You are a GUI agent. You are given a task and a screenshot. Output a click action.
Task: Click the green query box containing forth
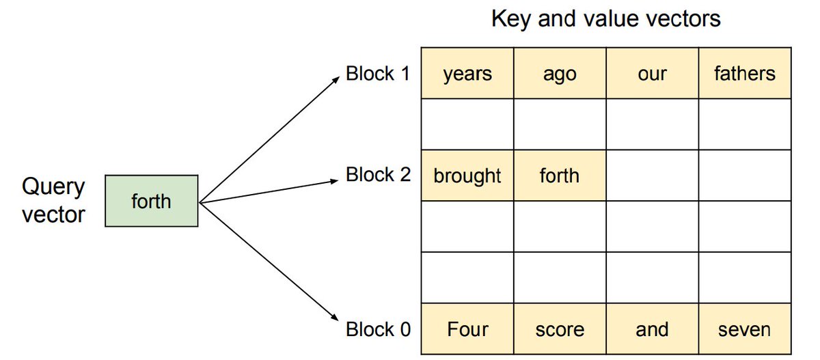(x=152, y=202)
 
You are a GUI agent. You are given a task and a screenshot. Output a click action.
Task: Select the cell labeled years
(x=467, y=73)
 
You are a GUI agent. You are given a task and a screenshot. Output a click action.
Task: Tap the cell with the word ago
(x=560, y=73)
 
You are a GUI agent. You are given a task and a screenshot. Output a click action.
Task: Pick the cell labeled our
(x=652, y=73)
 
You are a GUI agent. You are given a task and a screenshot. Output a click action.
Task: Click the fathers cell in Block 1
(x=744, y=73)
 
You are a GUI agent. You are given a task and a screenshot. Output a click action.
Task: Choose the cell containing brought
(x=467, y=176)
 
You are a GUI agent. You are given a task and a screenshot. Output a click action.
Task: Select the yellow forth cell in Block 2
(x=560, y=176)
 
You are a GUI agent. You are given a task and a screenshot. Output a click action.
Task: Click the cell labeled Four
(x=467, y=329)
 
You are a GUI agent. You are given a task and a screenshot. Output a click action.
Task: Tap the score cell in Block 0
(x=560, y=329)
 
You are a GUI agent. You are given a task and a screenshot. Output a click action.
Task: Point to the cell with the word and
(x=652, y=329)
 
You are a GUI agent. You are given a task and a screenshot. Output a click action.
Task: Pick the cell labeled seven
(x=744, y=329)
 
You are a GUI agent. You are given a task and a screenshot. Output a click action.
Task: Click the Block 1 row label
(x=378, y=73)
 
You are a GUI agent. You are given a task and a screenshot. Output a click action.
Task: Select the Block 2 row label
(x=378, y=175)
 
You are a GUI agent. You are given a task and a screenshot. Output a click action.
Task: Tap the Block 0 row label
(x=378, y=329)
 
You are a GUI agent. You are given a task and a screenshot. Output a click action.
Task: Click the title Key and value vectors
(x=605, y=18)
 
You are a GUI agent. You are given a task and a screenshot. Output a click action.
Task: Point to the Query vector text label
(x=54, y=201)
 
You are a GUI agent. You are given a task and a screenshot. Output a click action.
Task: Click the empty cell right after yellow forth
(x=652, y=176)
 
